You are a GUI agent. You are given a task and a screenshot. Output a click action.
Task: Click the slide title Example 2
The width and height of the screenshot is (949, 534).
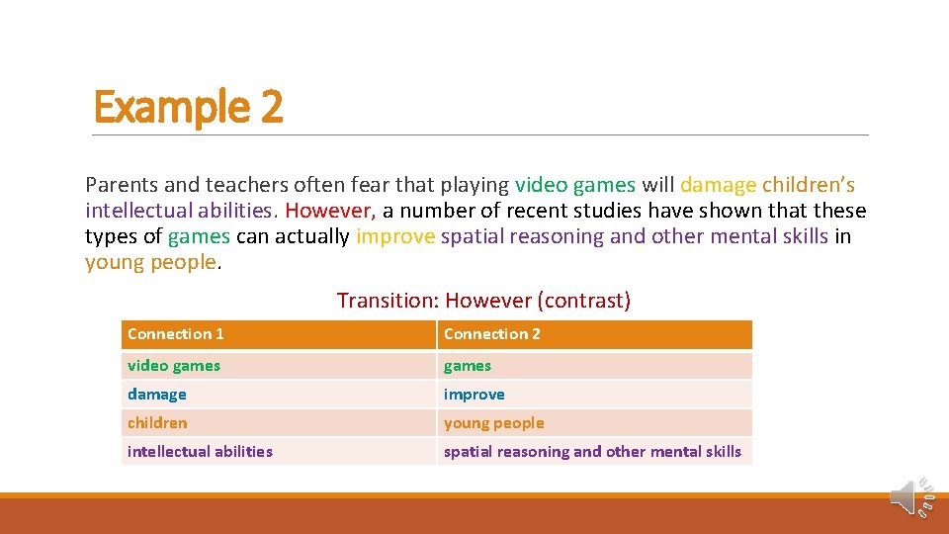[188, 106]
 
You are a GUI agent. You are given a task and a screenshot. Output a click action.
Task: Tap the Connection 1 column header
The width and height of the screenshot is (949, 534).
[176, 334]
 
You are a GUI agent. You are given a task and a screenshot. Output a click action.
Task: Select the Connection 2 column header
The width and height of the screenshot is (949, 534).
[492, 334]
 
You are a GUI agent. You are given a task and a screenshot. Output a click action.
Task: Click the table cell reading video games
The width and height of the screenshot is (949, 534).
[174, 366]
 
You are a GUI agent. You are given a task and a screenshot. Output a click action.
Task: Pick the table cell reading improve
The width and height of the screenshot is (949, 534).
[474, 395]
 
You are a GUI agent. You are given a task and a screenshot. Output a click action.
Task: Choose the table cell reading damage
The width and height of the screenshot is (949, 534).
[157, 395]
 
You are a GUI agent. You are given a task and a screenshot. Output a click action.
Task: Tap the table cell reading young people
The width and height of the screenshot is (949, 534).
[494, 423]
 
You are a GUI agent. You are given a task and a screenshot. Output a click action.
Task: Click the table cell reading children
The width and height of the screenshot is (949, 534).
[157, 423]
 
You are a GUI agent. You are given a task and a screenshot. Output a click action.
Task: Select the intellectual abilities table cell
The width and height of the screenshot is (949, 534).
[200, 452]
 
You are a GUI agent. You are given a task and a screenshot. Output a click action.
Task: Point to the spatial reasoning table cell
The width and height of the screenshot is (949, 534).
[592, 452]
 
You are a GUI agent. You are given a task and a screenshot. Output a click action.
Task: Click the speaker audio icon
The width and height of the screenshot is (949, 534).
[906, 497]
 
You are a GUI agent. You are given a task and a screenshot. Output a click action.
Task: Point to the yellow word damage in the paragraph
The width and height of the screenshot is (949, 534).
[718, 185]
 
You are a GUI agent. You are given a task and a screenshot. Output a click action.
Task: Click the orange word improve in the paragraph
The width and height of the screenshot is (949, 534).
[395, 236]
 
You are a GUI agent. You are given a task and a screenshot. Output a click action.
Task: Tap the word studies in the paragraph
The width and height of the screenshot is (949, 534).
[602, 211]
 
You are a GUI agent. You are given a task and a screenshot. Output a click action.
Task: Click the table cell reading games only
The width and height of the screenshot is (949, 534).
[468, 366]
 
